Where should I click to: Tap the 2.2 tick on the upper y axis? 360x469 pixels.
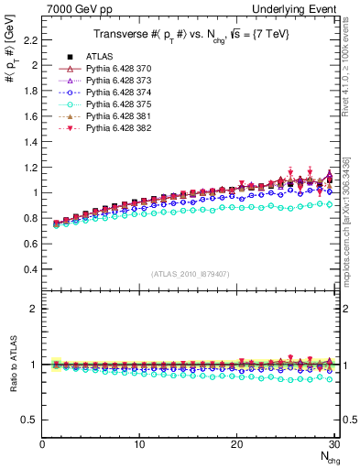click(30, 40)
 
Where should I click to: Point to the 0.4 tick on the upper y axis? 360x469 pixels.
click(30, 269)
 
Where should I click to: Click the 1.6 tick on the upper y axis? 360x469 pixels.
click(30, 116)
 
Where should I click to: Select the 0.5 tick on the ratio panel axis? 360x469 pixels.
click(30, 420)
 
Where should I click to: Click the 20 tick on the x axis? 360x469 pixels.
click(236, 445)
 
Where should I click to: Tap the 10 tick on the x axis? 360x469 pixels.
click(139, 445)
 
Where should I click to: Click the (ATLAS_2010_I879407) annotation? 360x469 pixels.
click(190, 274)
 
